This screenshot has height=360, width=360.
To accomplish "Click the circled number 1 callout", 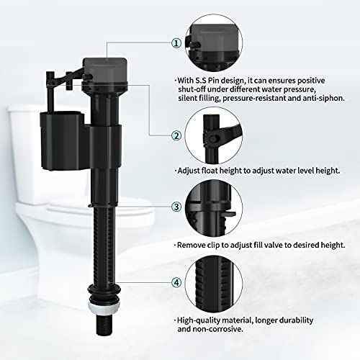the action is (176, 43).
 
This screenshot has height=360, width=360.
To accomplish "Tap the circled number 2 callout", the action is (176, 136).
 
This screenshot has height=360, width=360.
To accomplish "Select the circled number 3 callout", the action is (176, 207).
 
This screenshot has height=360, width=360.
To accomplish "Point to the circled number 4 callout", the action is (176, 282).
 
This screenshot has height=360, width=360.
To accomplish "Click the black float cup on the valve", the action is (63, 140).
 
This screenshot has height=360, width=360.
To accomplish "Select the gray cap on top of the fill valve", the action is (104, 70).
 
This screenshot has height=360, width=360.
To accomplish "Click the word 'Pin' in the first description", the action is (214, 81).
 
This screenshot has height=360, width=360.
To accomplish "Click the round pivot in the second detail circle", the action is (212, 139).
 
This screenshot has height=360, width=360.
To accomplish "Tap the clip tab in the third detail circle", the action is (229, 214).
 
